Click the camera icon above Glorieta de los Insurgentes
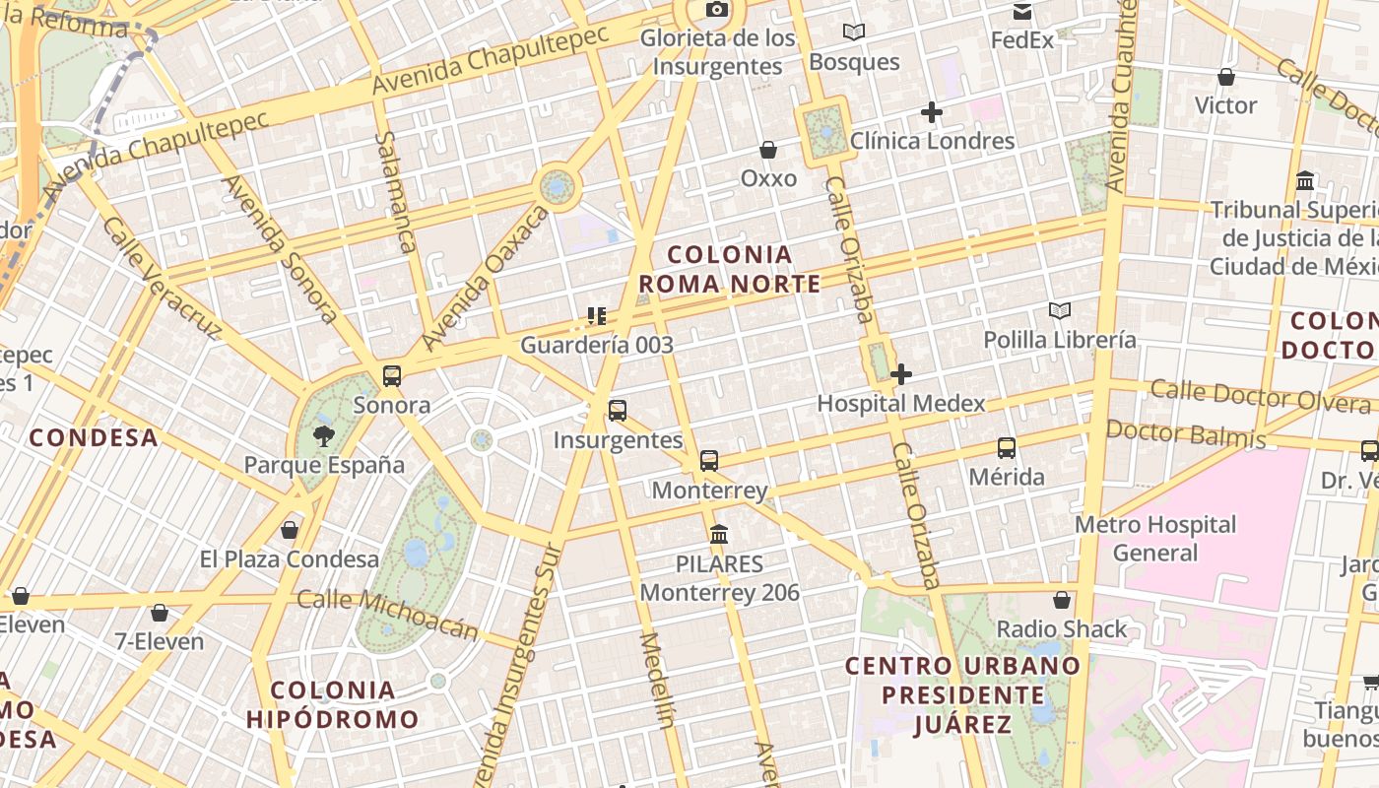pyautogui.click(x=717, y=10)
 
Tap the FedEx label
pyautogui.click(x=1021, y=40)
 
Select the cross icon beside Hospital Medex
pyautogui.click(x=900, y=374)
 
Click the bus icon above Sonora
pyautogui.click(x=392, y=375)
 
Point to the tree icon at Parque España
pyautogui.click(x=323, y=436)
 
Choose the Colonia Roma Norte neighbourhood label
pyautogui.click(x=730, y=270)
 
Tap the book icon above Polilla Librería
pyautogui.click(x=1060, y=311)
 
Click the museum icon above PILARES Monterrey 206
pyautogui.click(x=719, y=535)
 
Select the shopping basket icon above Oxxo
pyautogui.click(x=768, y=150)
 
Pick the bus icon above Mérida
pyautogui.click(x=1007, y=448)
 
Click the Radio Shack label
pyautogui.click(x=1062, y=629)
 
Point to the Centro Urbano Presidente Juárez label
pyautogui.click(x=962, y=695)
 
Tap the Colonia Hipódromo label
pyautogui.click(x=333, y=704)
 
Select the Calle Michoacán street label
pyautogui.click(x=387, y=615)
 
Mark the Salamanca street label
pyautogui.click(x=396, y=192)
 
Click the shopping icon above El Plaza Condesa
pyautogui.click(x=290, y=531)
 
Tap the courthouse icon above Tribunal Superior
pyautogui.click(x=1306, y=181)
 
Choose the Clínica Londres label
pyautogui.click(x=932, y=141)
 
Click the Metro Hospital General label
pyautogui.click(x=1154, y=539)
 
